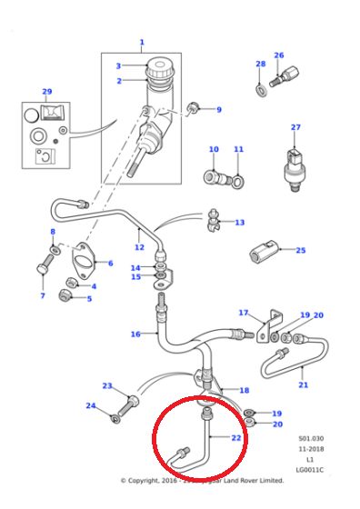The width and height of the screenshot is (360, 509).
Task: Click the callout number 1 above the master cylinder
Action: tap(142, 43)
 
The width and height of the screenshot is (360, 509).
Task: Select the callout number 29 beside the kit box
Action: tap(46, 92)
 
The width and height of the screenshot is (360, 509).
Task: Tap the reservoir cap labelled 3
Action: tap(160, 68)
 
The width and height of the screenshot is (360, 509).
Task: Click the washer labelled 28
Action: tap(261, 88)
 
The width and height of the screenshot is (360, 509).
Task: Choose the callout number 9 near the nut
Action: tap(218, 110)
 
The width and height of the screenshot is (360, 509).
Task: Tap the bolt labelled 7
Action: tap(43, 273)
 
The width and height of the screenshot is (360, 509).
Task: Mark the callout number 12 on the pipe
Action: tap(139, 246)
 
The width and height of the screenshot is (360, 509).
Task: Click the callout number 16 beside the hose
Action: tap(135, 334)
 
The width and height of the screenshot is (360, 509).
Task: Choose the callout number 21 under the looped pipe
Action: tap(304, 384)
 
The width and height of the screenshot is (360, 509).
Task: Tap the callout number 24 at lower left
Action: tap(90, 405)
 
